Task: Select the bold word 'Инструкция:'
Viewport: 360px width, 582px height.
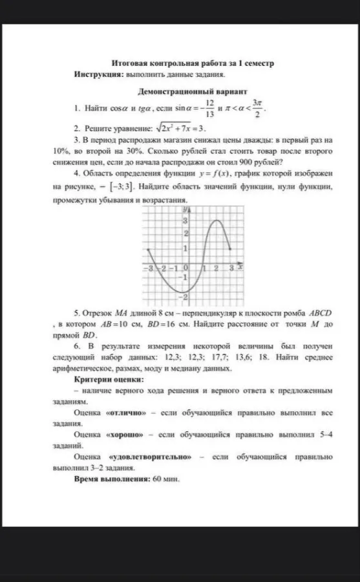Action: coord(98,75)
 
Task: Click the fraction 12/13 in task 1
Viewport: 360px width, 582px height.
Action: coord(209,108)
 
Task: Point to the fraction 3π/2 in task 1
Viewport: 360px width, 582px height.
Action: coord(257,108)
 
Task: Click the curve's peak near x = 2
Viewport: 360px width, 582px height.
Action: coord(217,221)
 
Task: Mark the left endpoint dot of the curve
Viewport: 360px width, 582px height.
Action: coord(149,250)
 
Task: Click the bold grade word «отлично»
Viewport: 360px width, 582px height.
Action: coord(127,412)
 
